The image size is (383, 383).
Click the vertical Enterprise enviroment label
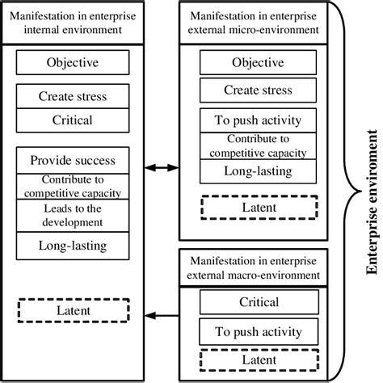(371, 191)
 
